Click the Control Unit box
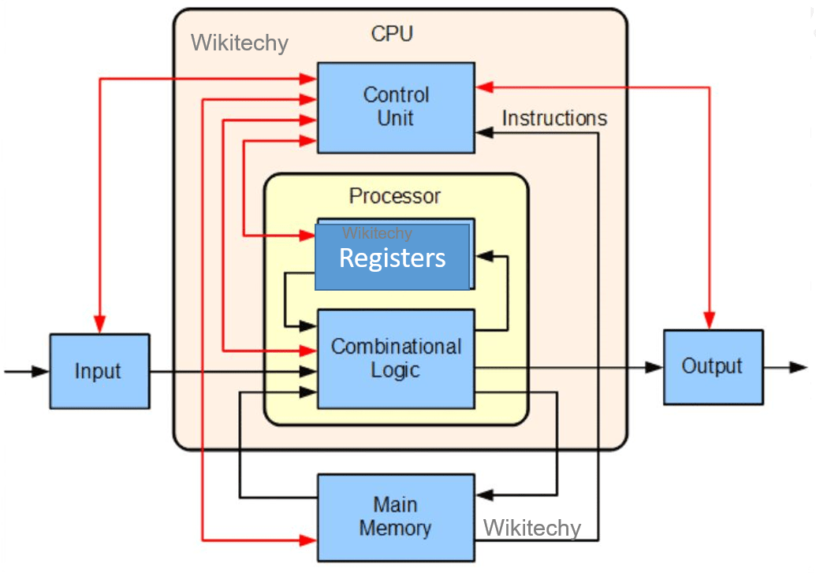(396, 108)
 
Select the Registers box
(392, 258)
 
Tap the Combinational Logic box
(396, 358)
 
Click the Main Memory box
(396, 518)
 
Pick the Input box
(99, 371)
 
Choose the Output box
(713, 367)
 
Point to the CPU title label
(392, 34)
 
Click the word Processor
(395, 195)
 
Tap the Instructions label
(554, 119)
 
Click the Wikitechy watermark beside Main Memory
(531, 528)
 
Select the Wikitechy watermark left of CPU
(240, 43)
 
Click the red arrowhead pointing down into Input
(99, 325)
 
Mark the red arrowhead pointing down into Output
(710, 320)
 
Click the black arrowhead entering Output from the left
(654, 367)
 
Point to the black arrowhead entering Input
(40, 371)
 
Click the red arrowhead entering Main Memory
(307, 540)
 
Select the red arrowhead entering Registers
(307, 235)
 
